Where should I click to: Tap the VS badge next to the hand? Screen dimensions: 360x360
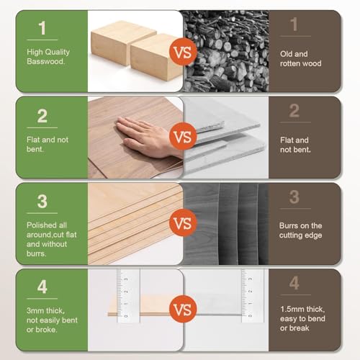tap(182, 137)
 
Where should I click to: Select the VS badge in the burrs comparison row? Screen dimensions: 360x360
tap(182, 223)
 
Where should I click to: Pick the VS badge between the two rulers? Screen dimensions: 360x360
tap(182, 310)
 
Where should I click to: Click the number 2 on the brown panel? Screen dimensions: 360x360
tap(293, 112)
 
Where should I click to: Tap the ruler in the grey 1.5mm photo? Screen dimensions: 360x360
tap(251, 292)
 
